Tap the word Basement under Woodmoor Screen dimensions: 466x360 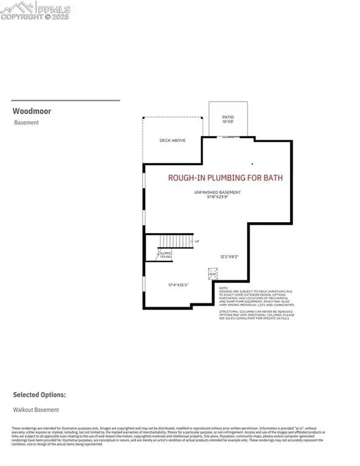(x=26, y=123)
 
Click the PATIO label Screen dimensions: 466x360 (x=227, y=118)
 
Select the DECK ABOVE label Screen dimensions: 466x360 (x=172, y=141)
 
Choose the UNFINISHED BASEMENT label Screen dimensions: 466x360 (x=217, y=192)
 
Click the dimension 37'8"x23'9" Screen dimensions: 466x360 (x=217, y=197)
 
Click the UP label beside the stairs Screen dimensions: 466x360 (x=196, y=241)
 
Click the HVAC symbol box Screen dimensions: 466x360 (x=212, y=274)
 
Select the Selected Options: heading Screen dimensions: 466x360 (x=39, y=394)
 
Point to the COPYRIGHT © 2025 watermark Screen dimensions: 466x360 (x=38, y=18)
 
